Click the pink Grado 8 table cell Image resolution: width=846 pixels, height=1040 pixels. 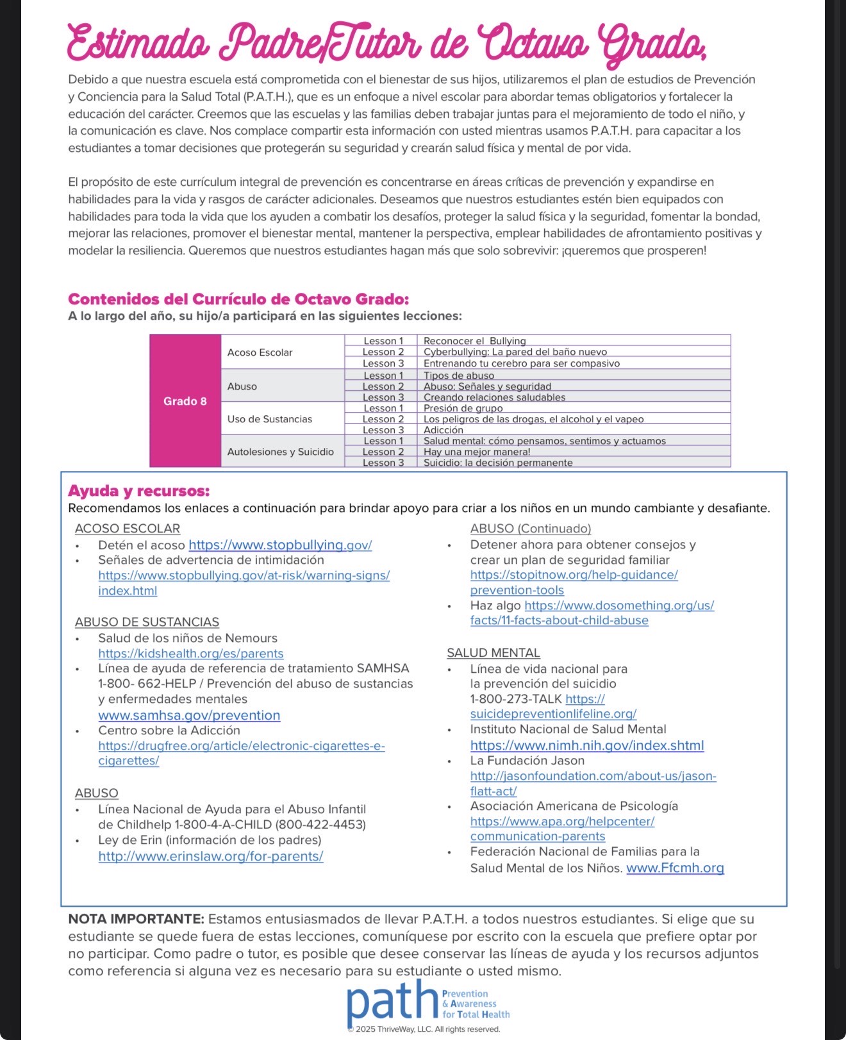pyautogui.click(x=185, y=401)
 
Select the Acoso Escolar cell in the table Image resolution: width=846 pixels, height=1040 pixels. pyautogui.click(x=260, y=352)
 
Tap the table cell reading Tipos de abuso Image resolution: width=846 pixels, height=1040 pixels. pyautogui.click(x=459, y=376)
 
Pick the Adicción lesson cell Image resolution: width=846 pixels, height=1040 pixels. pyautogui.click(x=444, y=430)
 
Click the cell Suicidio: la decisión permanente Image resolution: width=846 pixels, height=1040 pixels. pyautogui.click(x=498, y=463)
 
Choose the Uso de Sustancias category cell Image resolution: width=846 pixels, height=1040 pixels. pyautogui.click(x=270, y=419)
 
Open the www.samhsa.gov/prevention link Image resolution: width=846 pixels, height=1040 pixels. pyautogui.click(x=189, y=715)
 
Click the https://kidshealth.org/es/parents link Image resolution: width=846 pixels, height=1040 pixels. pyautogui.click(x=190, y=654)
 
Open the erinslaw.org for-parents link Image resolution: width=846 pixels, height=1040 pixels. pyautogui.click(x=210, y=856)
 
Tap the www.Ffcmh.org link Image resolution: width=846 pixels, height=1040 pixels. pyautogui.click(x=675, y=868)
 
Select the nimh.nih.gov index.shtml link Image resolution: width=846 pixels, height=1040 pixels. pyautogui.click(x=586, y=745)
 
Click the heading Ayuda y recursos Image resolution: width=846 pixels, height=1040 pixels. pyautogui.click(x=138, y=491)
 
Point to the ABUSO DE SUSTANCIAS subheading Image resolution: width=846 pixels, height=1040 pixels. pyautogui.click(x=147, y=622)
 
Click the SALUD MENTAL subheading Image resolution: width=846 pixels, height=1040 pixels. pyautogui.click(x=493, y=653)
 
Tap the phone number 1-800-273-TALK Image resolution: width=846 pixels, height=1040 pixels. pyautogui.click(x=515, y=699)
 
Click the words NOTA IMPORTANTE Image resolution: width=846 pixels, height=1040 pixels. pyautogui.click(x=136, y=920)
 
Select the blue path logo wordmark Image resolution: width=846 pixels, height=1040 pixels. pyautogui.click(x=392, y=1002)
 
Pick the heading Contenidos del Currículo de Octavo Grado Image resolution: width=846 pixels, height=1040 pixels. pyautogui.click(x=238, y=299)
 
